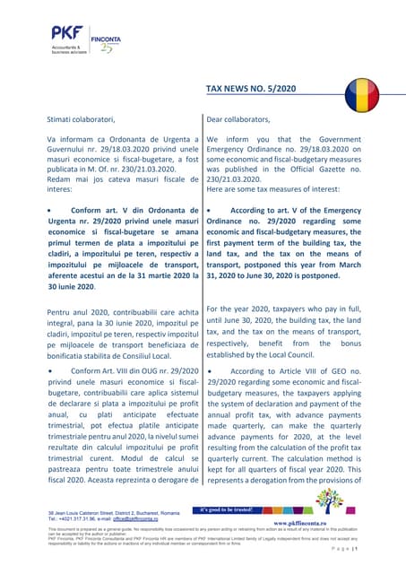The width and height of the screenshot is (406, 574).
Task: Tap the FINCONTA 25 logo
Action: coord(106,42)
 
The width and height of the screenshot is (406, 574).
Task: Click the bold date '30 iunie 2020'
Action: coord(71,286)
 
